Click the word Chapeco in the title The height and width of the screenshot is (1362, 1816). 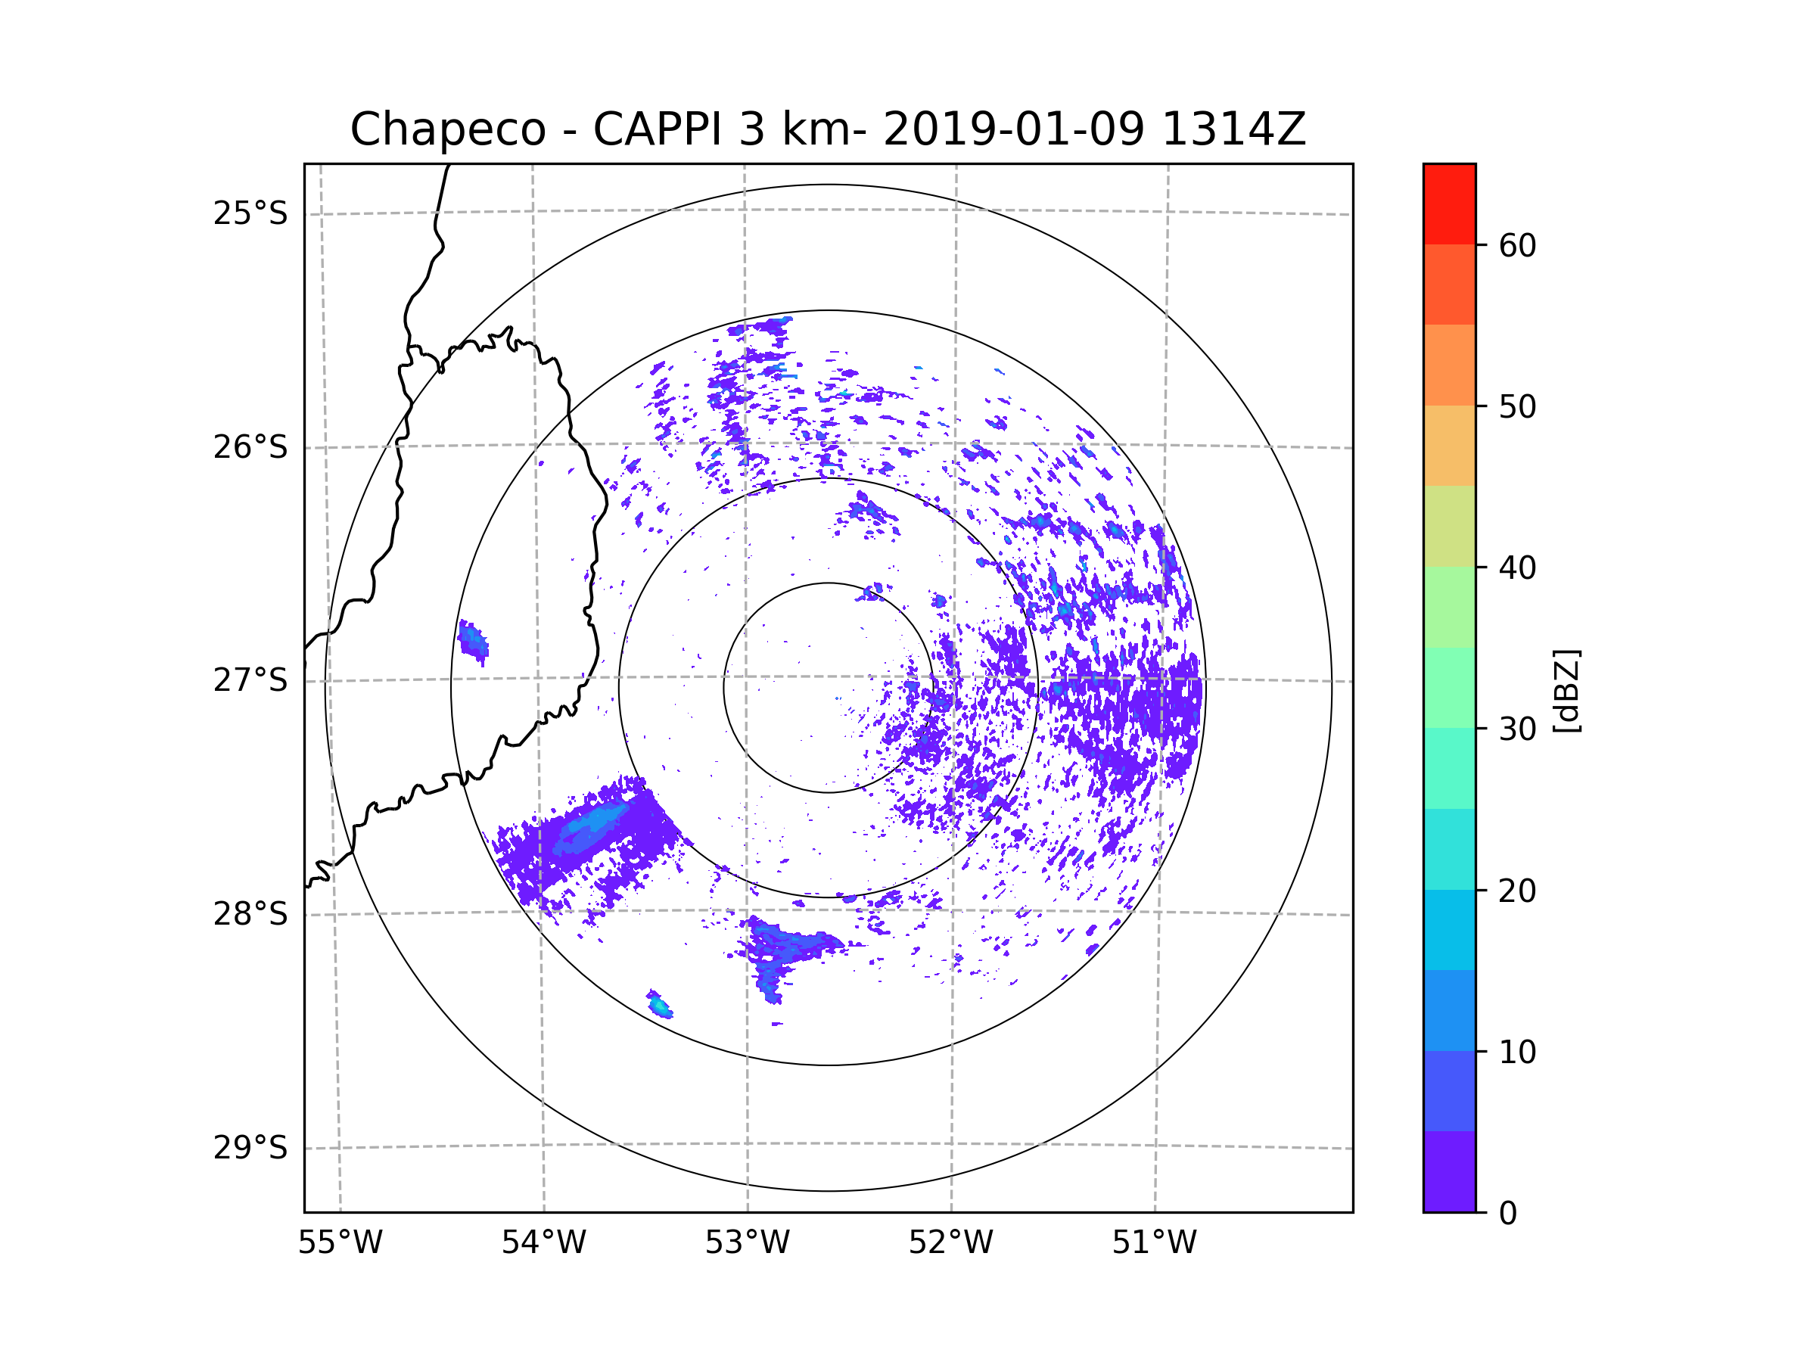[x=447, y=129]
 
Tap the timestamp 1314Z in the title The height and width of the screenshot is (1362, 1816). [x=1233, y=129]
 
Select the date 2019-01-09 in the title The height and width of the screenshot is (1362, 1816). [x=1013, y=129]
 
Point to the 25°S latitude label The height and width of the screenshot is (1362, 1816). [x=250, y=213]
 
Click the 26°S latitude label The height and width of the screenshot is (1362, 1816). [x=250, y=447]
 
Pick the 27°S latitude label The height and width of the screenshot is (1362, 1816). [x=250, y=680]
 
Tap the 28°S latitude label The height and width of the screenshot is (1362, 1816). [x=250, y=914]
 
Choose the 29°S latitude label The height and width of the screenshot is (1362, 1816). [x=250, y=1148]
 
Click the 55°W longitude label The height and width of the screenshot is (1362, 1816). [x=340, y=1243]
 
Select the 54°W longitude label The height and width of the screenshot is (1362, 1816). [x=543, y=1243]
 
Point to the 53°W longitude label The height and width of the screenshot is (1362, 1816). [x=747, y=1243]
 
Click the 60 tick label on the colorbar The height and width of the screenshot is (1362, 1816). [x=1517, y=245]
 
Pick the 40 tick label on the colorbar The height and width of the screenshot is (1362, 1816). [x=1517, y=568]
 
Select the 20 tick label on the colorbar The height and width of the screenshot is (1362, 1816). [x=1517, y=891]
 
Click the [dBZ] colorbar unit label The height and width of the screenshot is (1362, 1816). [x=1566, y=690]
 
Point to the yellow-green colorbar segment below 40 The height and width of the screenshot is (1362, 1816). [x=1449, y=526]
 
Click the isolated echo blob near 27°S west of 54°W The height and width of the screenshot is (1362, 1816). [x=473, y=641]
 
